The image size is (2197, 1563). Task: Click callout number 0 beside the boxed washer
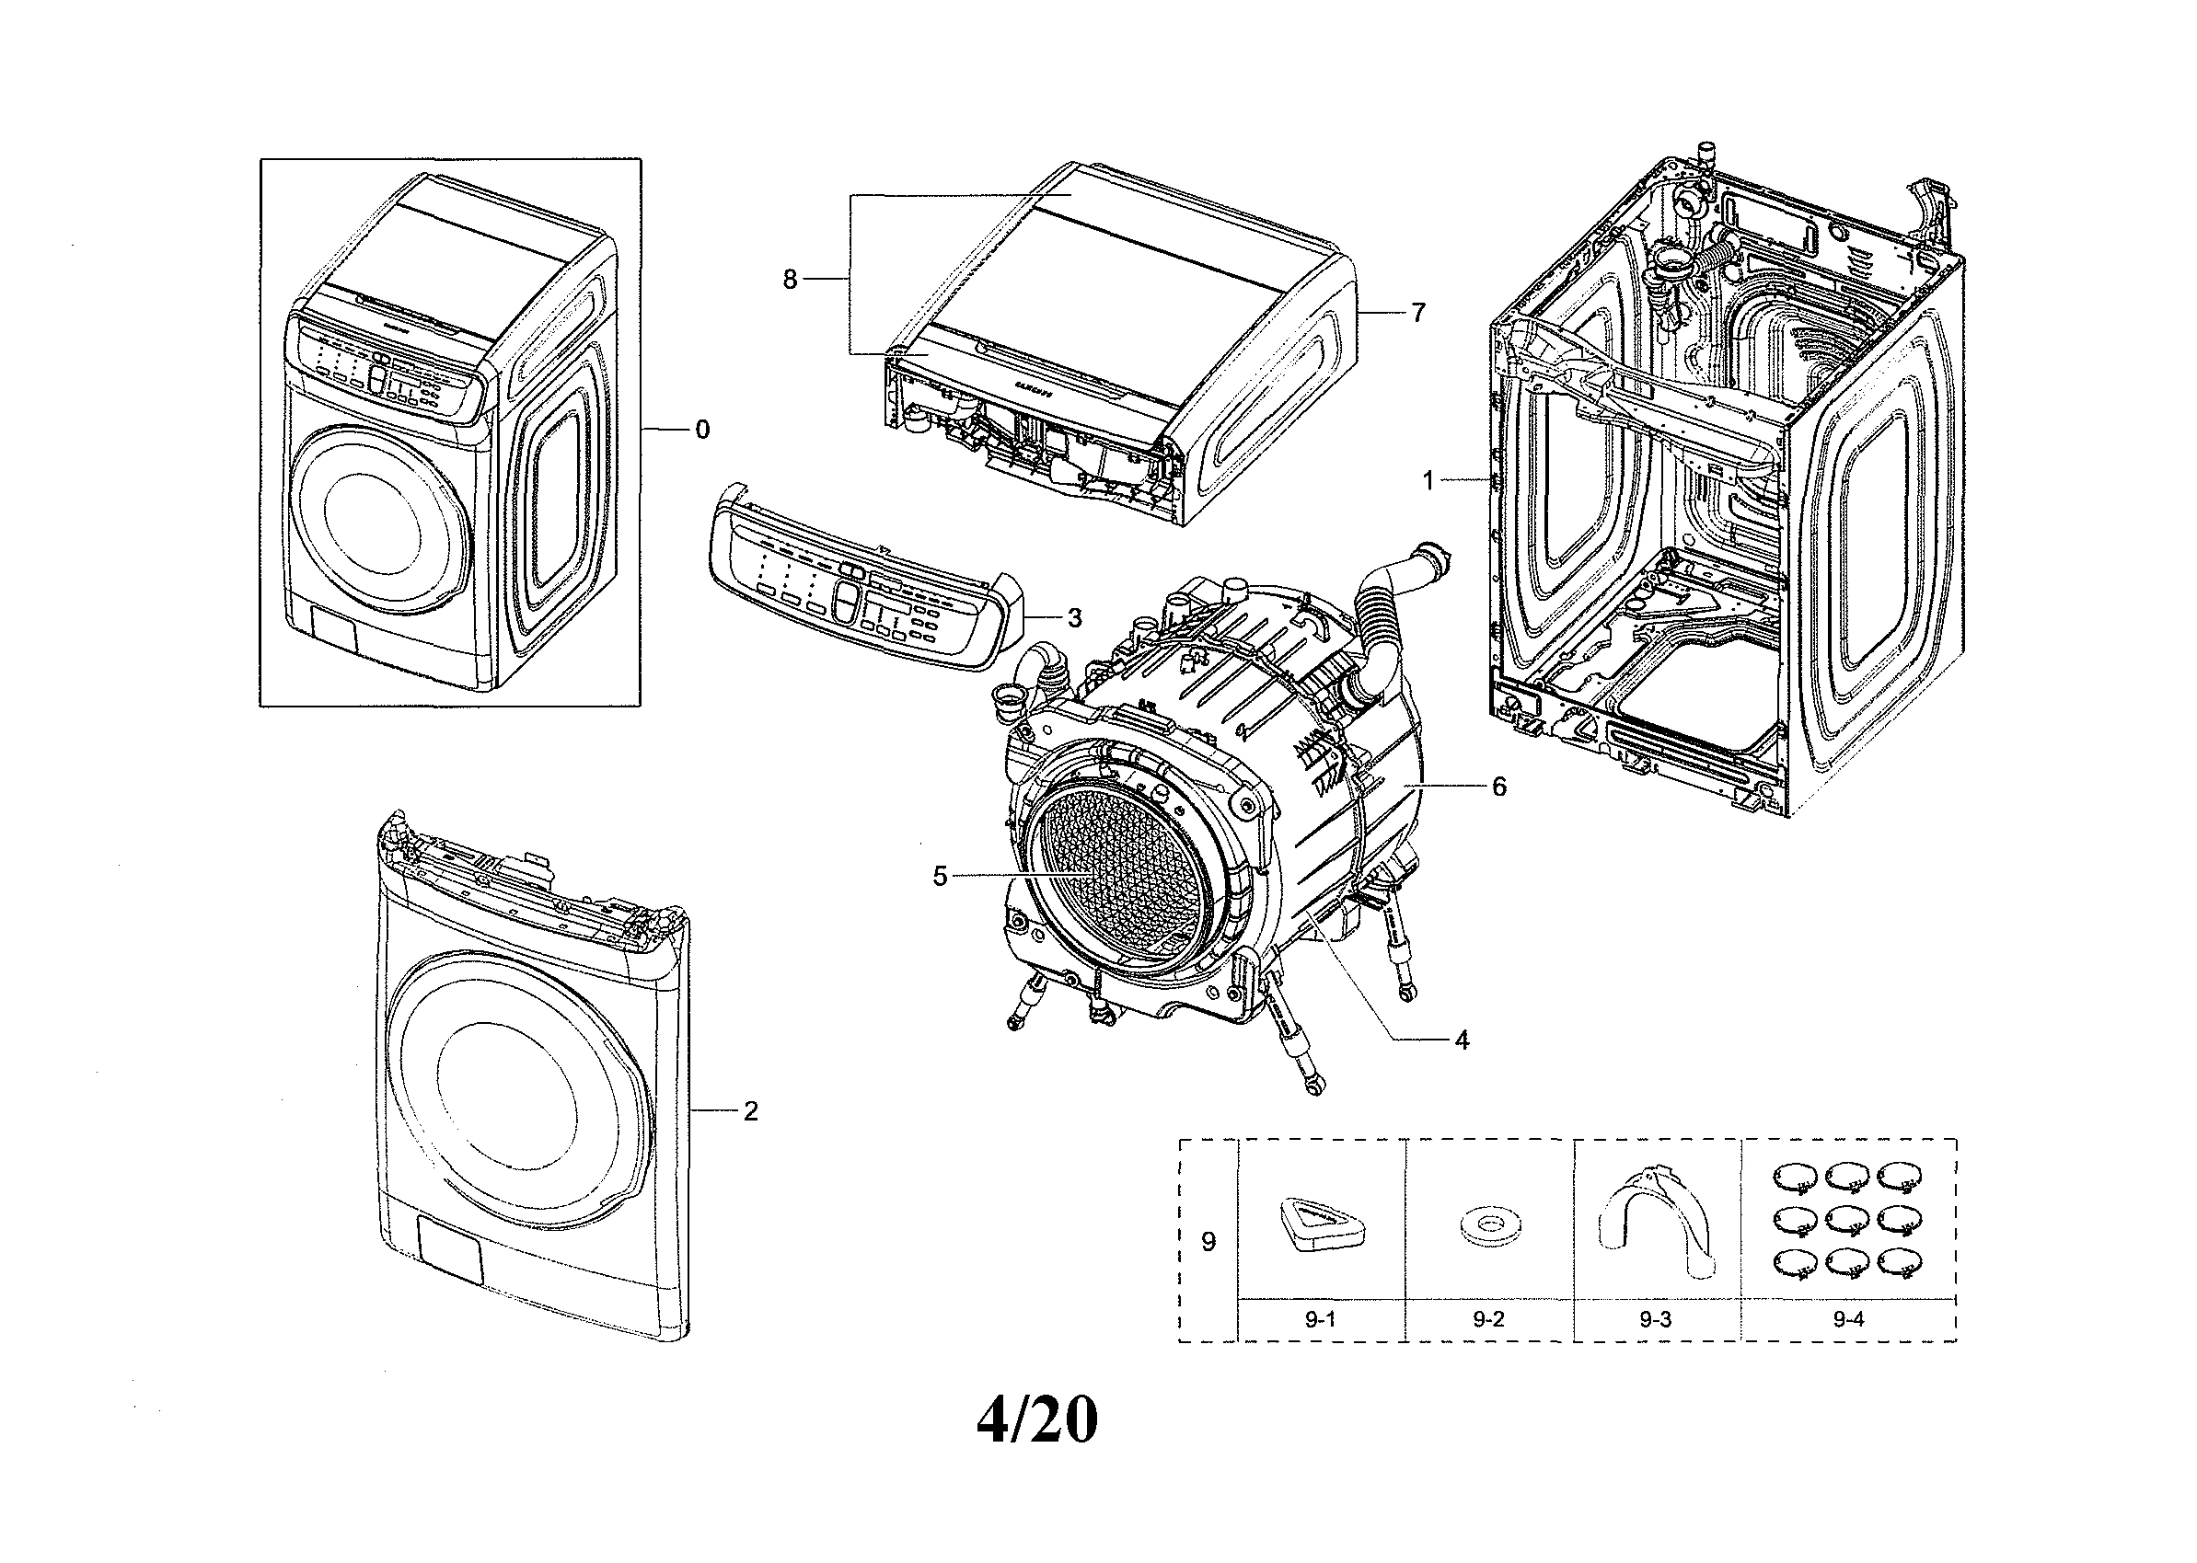point(702,430)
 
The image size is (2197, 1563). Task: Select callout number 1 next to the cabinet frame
point(1428,479)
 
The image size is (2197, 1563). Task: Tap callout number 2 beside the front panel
point(750,1111)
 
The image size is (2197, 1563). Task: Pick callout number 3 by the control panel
point(1074,617)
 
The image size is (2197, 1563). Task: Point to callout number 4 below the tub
point(1462,1040)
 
